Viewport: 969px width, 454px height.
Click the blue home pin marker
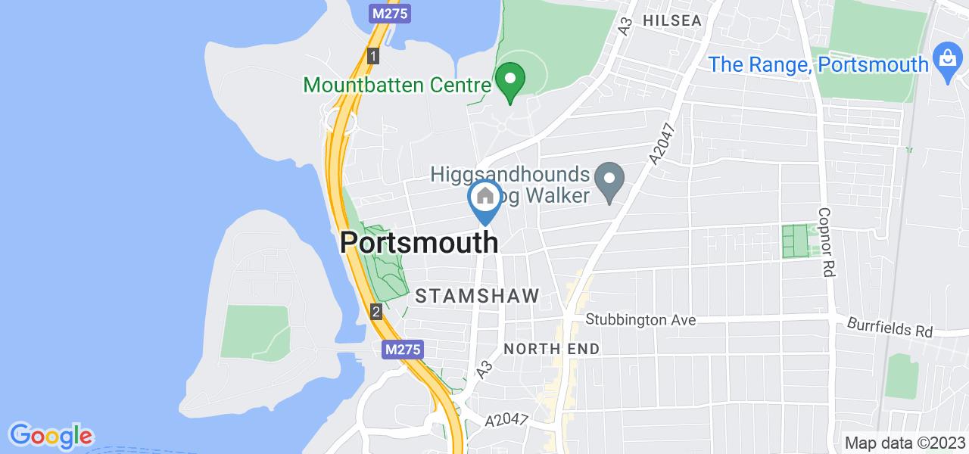[x=485, y=198]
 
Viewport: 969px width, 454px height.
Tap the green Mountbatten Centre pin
[x=510, y=79]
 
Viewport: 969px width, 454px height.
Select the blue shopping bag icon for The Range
[x=946, y=63]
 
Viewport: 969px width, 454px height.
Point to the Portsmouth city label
[x=419, y=243]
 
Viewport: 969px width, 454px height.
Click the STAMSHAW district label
[x=477, y=296]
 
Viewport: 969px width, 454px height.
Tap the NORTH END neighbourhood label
[x=551, y=349]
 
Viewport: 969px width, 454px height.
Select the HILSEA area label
[x=673, y=20]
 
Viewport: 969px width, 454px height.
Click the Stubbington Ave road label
[x=640, y=320]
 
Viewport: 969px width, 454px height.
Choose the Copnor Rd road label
[x=825, y=232]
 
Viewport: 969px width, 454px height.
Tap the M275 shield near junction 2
[x=400, y=350]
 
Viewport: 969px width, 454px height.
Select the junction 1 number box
[x=372, y=55]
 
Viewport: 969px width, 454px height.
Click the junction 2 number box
[x=376, y=310]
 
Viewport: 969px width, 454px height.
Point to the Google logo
[x=51, y=436]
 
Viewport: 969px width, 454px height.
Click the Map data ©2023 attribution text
[x=905, y=443]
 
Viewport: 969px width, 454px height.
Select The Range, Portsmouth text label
[x=820, y=64]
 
